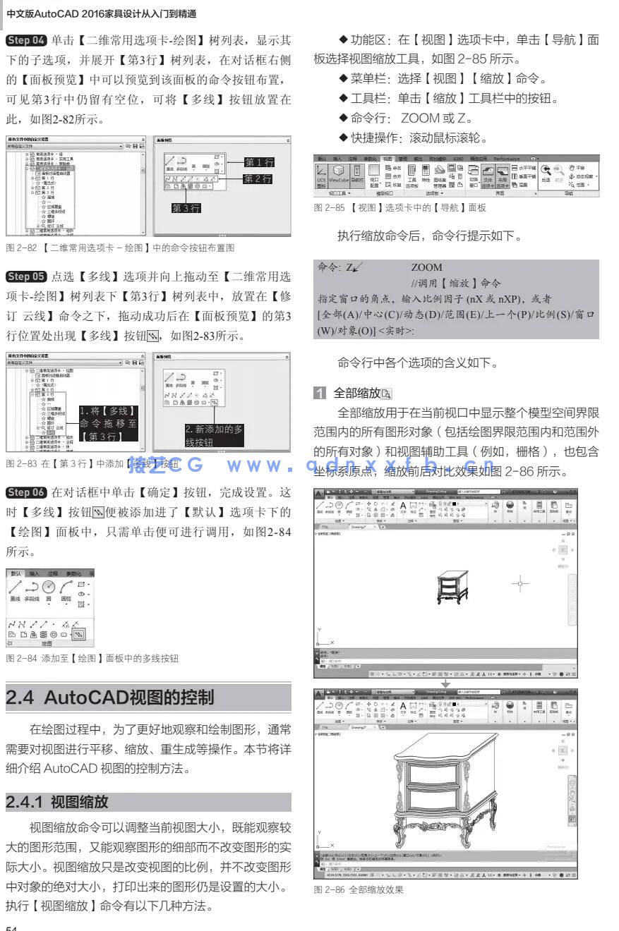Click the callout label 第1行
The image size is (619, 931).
pos(259,163)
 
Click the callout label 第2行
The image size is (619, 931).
pos(259,179)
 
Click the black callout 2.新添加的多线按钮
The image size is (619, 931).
pos(214,435)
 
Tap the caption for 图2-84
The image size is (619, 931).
pos(92,658)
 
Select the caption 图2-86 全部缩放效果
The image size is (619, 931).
pos(359,889)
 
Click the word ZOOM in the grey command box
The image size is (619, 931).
pos(426,267)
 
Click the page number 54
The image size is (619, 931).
pos(11,927)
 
